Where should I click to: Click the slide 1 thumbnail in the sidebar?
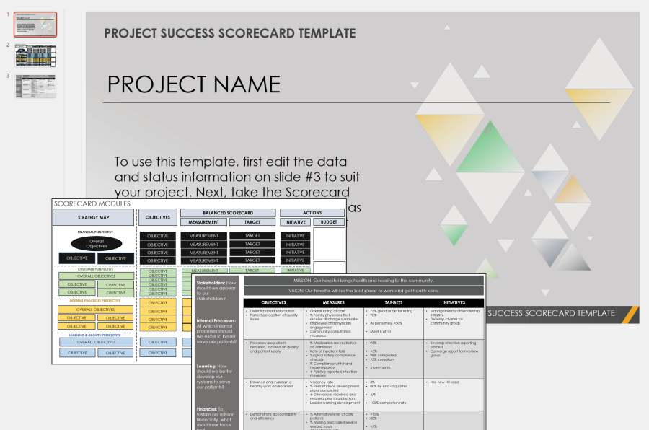point(35,25)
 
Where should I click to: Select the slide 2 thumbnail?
point(35,56)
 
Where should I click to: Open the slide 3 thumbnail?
point(35,87)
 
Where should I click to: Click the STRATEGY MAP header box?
point(93,216)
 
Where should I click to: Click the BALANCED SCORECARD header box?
point(228,213)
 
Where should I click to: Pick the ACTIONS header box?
point(312,213)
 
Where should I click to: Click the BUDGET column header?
point(328,222)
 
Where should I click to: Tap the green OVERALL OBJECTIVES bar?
point(96,276)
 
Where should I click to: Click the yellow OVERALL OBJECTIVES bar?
point(96,309)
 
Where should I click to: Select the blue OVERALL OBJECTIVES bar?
point(96,342)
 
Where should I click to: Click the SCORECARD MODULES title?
point(92,204)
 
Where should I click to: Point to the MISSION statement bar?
point(364,280)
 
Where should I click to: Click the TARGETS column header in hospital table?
point(393,302)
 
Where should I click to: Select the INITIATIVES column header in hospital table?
point(454,302)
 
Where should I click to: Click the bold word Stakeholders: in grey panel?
point(210,283)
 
